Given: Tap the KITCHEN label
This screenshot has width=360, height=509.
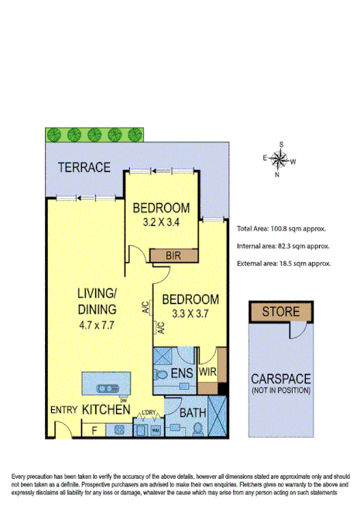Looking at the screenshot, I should pos(105,408).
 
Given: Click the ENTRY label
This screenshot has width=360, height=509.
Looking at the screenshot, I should pos(62,409).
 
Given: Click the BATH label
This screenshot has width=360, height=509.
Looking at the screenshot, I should pos(192,413).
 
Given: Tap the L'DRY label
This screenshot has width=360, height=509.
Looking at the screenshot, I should pos(149,412).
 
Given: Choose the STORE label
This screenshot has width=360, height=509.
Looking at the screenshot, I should pos(279,312).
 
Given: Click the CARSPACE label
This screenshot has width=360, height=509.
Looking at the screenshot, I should pos(281,380).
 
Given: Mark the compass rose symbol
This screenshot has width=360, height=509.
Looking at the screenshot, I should pos(279,161).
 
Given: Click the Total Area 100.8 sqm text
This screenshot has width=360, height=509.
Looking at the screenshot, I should pos(280,229).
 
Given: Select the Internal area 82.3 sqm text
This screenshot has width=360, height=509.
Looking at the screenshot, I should pos(283,246).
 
